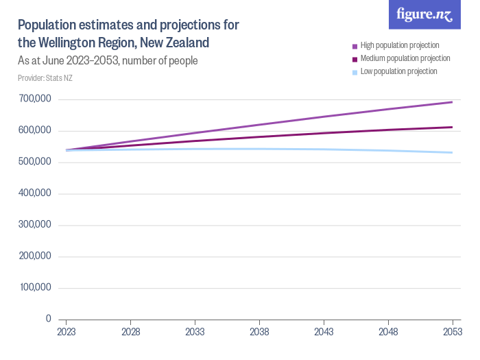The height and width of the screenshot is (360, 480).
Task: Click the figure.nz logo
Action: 424,14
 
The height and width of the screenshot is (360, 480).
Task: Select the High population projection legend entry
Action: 396,46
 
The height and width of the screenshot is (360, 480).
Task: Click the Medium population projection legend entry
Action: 401,58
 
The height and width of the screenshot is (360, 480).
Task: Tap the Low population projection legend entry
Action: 395,71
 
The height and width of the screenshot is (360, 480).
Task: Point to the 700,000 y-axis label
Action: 35,99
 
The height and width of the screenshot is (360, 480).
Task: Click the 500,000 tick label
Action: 35,161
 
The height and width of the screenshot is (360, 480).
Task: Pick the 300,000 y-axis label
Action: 35,224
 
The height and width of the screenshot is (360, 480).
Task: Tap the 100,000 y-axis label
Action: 36,287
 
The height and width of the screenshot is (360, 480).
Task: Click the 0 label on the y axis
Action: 49,319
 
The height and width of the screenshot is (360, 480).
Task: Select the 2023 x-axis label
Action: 67,332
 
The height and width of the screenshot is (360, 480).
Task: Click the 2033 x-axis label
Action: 195,332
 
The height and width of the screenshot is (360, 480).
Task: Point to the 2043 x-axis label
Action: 324,332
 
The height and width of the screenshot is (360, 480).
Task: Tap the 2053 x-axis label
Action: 453,332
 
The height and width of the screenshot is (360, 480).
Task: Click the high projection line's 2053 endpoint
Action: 452,102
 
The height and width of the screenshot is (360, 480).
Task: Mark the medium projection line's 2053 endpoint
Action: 452,128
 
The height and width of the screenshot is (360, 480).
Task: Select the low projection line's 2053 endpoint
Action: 452,152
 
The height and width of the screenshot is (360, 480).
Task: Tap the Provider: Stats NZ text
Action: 45,78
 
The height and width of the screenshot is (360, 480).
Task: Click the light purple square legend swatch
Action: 355,47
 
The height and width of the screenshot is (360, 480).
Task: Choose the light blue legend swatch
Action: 355,73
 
